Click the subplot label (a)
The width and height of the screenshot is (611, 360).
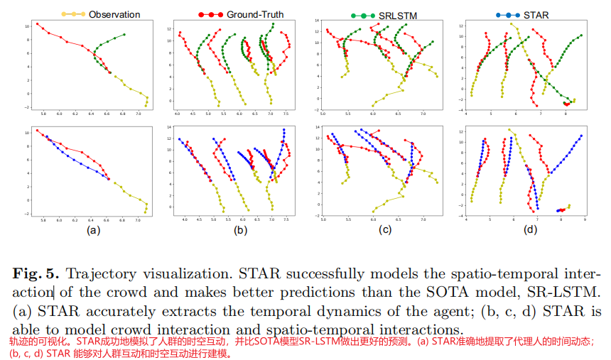coord(93,231)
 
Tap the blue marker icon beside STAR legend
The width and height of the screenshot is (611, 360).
coord(511,14)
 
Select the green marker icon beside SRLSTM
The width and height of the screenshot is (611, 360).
coord(362,14)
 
